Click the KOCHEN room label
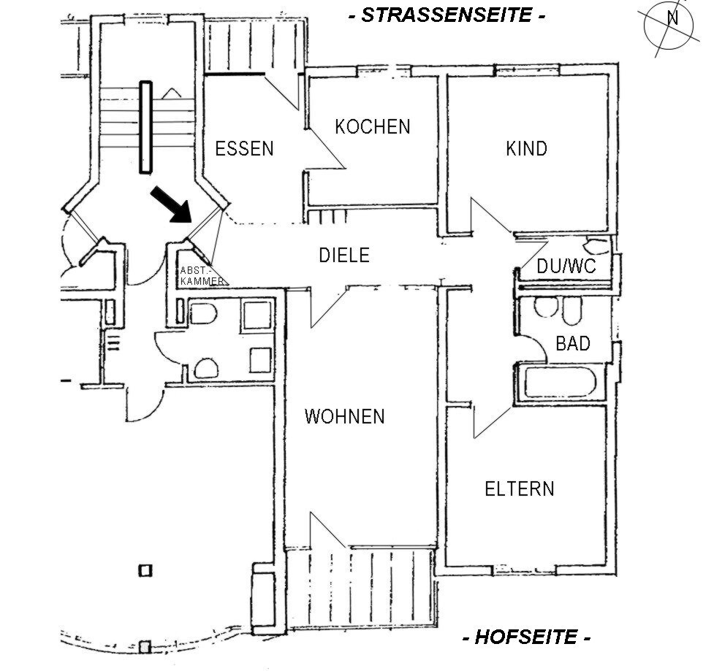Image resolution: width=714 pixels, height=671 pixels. pyautogui.click(x=373, y=127)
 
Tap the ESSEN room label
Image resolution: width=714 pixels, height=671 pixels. pyautogui.click(x=245, y=149)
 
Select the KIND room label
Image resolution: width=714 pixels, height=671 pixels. pyautogui.click(x=526, y=149)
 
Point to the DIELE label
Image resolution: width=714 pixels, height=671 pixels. pyautogui.click(x=344, y=256)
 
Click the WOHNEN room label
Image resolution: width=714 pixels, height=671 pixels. pyautogui.click(x=345, y=417)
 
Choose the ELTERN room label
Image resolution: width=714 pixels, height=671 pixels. pyautogui.click(x=520, y=489)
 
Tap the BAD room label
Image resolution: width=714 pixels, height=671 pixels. pyautogui.click(x=573, y=343)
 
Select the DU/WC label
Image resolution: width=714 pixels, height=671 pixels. pyautogui.click(x=566, y=266)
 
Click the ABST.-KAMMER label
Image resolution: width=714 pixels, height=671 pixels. pyautogui.click(x=202, y=276)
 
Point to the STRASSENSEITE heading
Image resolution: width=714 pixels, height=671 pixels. pyautogui.click(x=447, y=15)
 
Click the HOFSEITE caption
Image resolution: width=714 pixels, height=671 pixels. pyautogui.click(x=527, y=637)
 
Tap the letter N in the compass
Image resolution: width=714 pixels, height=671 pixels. pyautogui.click(x=672, y=18)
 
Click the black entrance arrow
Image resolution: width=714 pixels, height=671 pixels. pyautogui.click(x=171, y=204)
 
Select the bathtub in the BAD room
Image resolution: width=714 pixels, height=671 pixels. pyautogui.click(x=560, y=383)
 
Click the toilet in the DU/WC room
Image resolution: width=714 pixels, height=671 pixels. pyautogui.click(x=596, y=245)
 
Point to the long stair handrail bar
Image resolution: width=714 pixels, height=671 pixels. pyautogui.click(x=145, y=127)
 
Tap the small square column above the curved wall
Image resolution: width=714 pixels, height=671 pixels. pyautogui.click(x=145, y=570)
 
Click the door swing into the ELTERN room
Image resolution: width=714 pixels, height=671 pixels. pyautogui.click(x=493, y=421)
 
